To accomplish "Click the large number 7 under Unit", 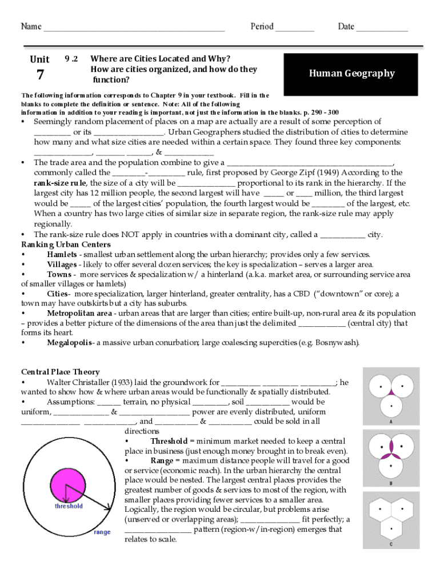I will (x=39, y=74).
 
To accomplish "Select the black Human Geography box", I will (x=351, y=73).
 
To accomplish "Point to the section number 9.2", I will (x=71, y=59).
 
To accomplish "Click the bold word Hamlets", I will (x=62, y=255).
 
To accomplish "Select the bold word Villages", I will (x=62, y=265).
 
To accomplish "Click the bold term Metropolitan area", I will (x=79, y=314).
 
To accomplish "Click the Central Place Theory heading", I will (x=60, y=372).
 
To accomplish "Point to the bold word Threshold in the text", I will (x=169, y=441).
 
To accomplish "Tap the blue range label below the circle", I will (x=102, y=532).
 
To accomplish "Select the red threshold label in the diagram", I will (x=69, y=506).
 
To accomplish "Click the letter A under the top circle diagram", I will (x=390, y=422).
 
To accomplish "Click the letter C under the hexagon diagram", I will (x=390, y=544).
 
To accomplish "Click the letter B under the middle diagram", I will (x=390, y=483).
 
